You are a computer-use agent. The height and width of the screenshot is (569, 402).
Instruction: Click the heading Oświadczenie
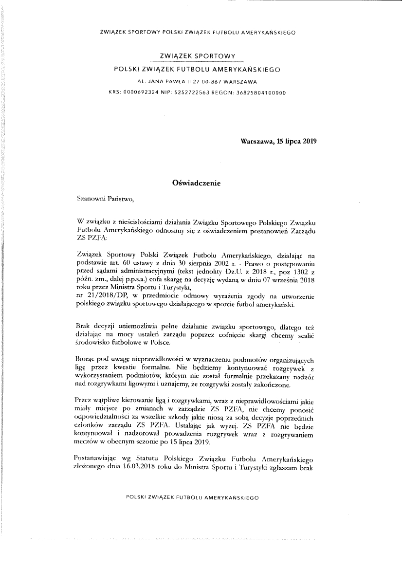(x=197, y=184)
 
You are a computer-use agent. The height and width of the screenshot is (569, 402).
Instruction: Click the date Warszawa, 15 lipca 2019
(x=279, y=142)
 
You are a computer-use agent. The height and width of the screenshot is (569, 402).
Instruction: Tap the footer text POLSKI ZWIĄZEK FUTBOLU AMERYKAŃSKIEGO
(x=192, y=498)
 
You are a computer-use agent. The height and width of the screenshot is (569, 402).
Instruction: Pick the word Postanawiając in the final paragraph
(x=97, y=459)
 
